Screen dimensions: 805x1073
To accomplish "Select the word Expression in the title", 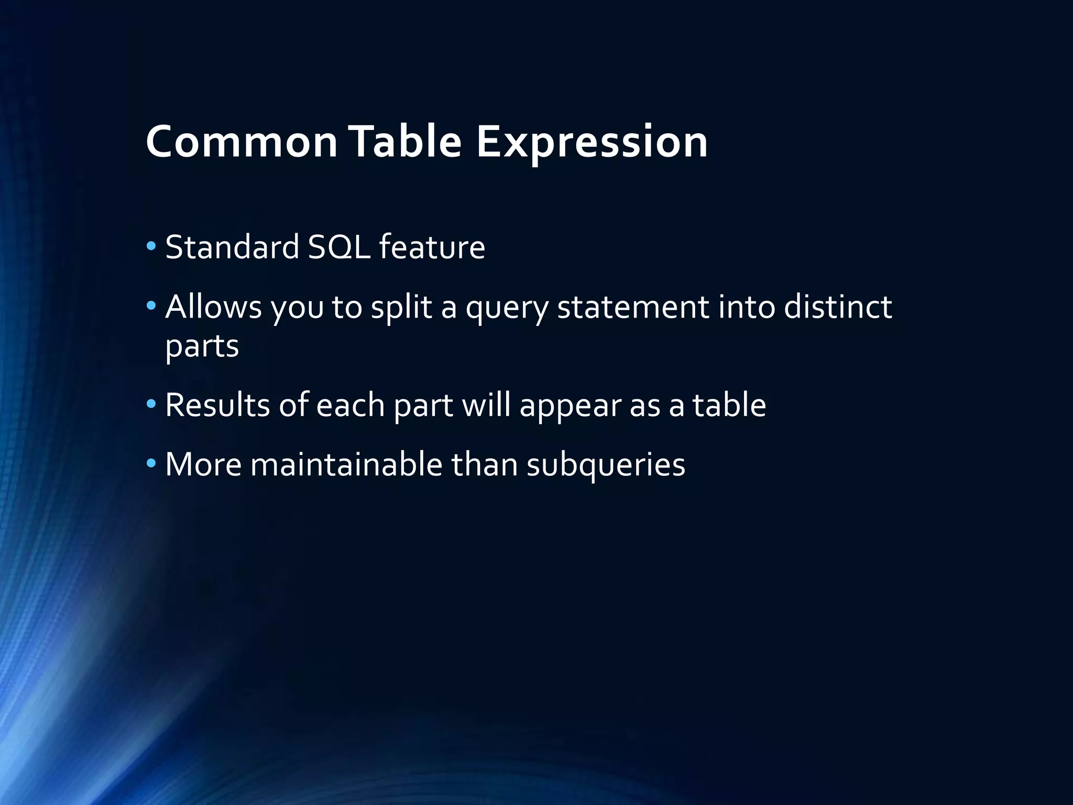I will (x=592, y=143).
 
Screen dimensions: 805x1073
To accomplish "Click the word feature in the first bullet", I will (x=432, y=247).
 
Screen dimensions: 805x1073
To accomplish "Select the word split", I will (x=401, y=307).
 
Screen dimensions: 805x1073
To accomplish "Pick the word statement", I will (x=633, y=307).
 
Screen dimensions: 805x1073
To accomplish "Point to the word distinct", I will (x=838, y=306).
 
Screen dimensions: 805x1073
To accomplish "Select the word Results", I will (x=217, y=405).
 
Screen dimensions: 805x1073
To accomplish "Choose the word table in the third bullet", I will (x=729, y=405).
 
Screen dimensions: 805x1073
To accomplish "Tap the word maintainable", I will (x=346, y=464).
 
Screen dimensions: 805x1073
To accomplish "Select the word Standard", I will (x=232, y=247).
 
